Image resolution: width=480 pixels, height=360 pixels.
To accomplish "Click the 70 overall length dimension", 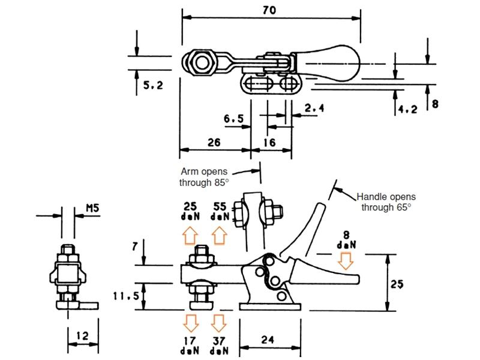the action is point(269,10).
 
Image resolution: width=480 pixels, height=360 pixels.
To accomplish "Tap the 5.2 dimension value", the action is point(153,85).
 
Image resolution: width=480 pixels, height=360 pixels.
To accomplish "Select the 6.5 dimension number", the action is point(233,118).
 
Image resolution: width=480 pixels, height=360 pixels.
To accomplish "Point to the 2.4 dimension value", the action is point(314,108).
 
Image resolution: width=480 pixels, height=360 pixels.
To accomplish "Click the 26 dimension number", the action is point(214,142).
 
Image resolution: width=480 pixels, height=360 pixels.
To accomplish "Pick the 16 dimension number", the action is point(269,142).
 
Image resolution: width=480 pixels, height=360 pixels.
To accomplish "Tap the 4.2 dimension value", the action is point(407,109).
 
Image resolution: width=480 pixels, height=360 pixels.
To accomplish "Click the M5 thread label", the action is point(92,208).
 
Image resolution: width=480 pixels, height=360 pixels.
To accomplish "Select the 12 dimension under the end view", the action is point(82,336).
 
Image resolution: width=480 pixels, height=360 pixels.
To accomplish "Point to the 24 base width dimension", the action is point(268,340).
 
